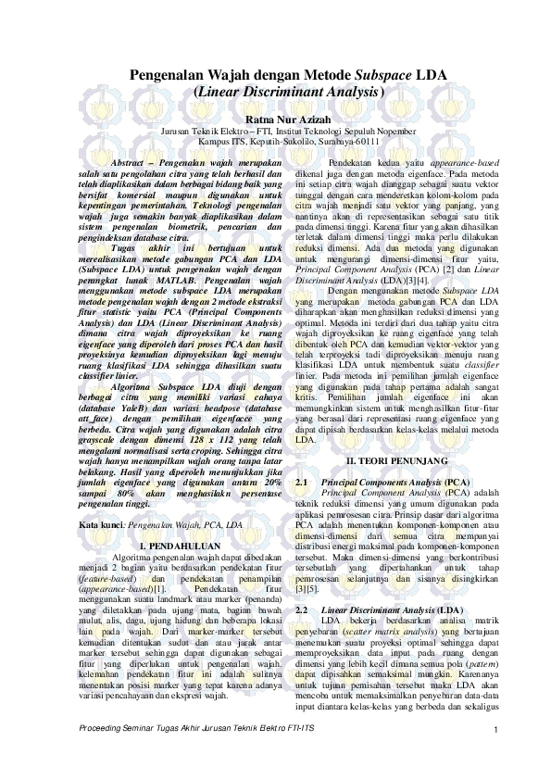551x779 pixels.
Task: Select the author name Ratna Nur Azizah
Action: tap(276, 119)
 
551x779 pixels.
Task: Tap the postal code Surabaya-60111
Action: tap(347, 142)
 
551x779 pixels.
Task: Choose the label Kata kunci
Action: tap(101, 524)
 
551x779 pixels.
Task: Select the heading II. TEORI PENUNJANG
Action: tap(396, 460)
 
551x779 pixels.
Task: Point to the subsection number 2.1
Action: tap(301, 483)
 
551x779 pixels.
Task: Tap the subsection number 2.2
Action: tap(301, 612)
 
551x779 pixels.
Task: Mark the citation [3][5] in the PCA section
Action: tap(307, 589)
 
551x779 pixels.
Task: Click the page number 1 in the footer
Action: tap(497, 760)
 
